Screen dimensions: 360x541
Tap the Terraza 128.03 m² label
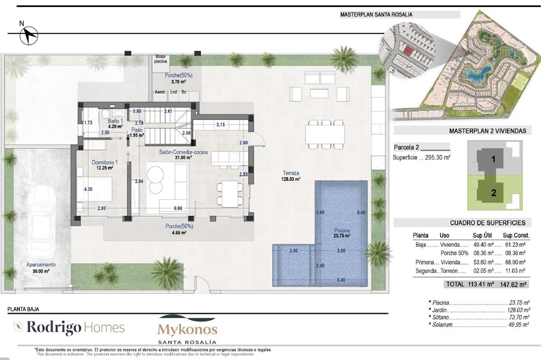click(291, 176)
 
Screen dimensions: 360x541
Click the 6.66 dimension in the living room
click(178, 209)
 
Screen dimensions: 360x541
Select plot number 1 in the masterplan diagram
click(493, 158)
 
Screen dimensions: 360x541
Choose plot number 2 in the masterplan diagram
click(493, 193)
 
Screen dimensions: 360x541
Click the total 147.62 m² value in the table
click(515, 284)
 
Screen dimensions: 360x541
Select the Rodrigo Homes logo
click(69, 327)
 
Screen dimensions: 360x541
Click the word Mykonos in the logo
click(187, 329)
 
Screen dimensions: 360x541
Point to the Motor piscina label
click(161, 59)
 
